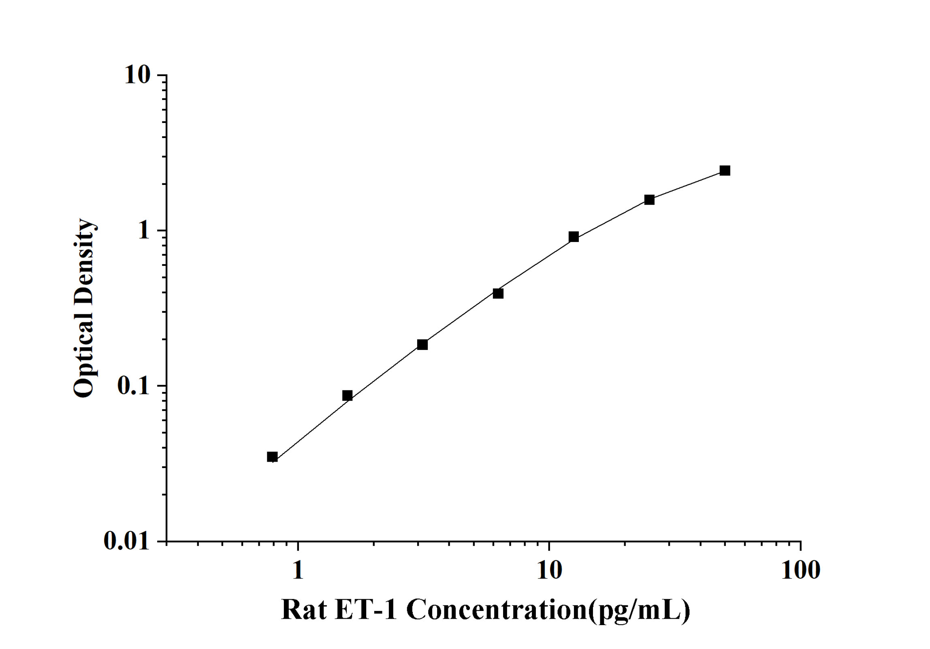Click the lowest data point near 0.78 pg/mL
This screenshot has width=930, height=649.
[x=272, y=457]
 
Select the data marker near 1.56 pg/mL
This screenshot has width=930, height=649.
[x=347, y=395]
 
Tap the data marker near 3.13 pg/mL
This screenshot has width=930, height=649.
[x=422, y=344]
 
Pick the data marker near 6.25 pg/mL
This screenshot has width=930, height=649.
[x=498, y=293]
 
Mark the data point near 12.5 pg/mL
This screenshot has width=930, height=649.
[x=574, y=237]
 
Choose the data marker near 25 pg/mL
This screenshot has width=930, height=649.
[x=649, y=199]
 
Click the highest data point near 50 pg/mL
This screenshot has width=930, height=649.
[x=725, y=170]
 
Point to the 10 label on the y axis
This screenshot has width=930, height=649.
[x=137, y=75]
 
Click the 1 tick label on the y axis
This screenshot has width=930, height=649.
[x=143, y=231]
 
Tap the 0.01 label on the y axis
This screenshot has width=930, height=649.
[x=127, y=541]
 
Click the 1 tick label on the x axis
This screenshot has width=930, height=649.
[x=298, y=570]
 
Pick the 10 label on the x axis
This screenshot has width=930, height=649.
[x=549, y=570]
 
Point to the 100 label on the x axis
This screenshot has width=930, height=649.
[x=800, y=570]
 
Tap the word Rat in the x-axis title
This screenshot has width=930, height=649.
[x=304, y=609]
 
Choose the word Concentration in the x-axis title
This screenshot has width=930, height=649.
[x=497, y=609]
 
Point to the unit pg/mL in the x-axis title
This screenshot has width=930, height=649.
[x=639, y=610]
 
